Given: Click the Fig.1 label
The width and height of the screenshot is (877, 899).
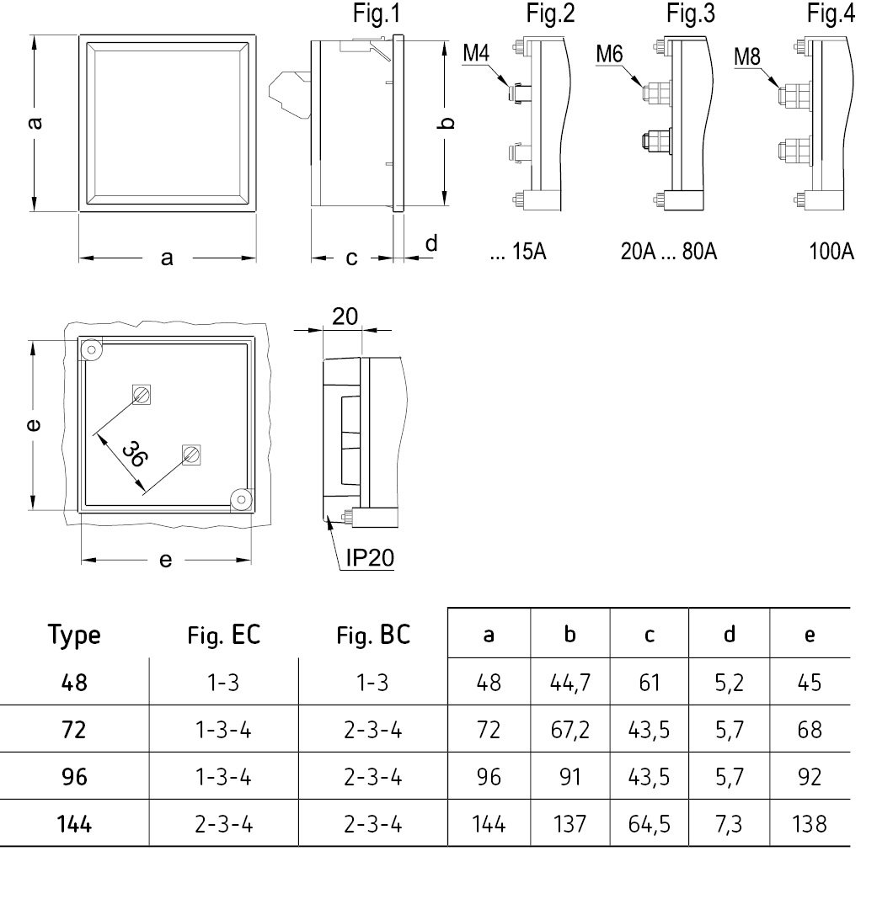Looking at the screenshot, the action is (x=377, y=13).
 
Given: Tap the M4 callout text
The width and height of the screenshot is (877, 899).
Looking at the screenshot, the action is (x=476, y=53).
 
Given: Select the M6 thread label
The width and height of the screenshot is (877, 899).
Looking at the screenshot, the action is (x=609, y=55).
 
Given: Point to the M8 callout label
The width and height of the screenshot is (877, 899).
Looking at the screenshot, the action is (x=747, y=56).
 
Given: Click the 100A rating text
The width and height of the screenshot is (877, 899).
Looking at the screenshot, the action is (x=831, y=251).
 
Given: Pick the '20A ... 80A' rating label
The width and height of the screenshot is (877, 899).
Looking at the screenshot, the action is (x=669, y=251).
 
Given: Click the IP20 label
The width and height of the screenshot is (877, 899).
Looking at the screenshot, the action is (x=370, y=557).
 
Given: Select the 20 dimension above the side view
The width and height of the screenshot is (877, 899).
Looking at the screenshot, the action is (x=345, y=317).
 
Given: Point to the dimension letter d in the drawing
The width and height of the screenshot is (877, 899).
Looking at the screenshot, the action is (x=431, y=243).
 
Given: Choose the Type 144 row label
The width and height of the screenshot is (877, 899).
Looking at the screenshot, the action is (x=74, y=824).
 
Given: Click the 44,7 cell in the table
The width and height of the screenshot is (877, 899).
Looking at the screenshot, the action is (x=570, y=683).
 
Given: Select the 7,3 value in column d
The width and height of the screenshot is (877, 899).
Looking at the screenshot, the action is (x=729, y=824).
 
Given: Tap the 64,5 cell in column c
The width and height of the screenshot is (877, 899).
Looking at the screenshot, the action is (x=650, y=824).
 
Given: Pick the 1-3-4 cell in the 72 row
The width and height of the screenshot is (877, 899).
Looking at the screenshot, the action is (x=223, y=730).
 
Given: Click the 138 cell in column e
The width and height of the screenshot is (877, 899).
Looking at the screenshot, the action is (x=810, y=824).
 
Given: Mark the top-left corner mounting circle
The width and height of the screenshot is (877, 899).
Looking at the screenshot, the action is (x=91, y=349).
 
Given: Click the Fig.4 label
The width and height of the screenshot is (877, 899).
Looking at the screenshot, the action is (x=831, y=13).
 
